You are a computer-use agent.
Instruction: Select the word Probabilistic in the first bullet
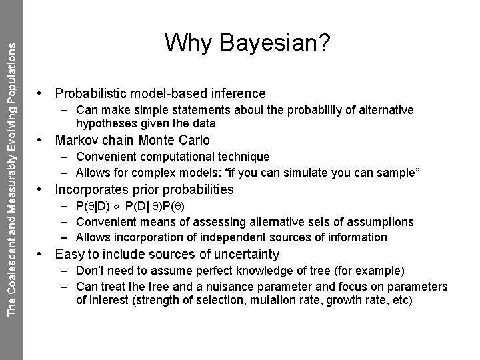point(93,94)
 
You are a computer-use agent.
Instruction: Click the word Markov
point(76,141)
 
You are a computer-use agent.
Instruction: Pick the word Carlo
point(193,141)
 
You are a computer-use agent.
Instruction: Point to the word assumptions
point(381,222)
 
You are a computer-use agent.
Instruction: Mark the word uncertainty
point(245,254)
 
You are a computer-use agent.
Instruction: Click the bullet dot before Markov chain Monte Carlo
point(42,141)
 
